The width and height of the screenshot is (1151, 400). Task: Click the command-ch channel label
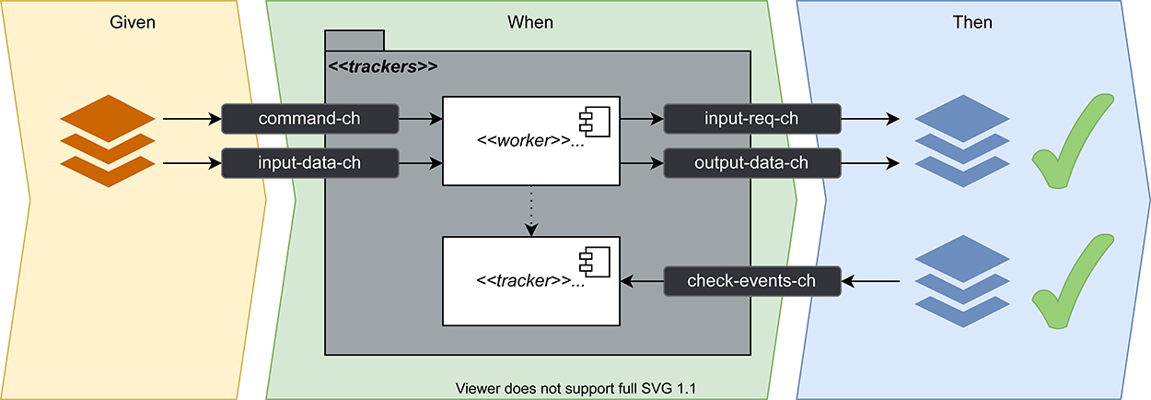click(x=309, y=119)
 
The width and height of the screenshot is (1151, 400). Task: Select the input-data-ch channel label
click(x=309, y=163)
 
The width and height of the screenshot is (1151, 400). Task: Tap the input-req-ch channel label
click(x=752, y=119)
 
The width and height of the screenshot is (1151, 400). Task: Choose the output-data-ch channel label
click(x=752, y=163)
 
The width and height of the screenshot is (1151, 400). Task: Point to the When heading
click(x=530, y=21)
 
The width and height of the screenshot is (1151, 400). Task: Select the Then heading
click(x=972, y=21)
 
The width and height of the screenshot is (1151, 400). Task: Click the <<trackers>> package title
click(x=383, y=67)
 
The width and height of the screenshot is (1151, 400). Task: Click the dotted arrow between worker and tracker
click(x=531, y=211)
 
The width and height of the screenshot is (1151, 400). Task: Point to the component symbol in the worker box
click(x=589, y=120)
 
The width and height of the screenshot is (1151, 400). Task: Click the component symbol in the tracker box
click(x=589, y=261)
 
